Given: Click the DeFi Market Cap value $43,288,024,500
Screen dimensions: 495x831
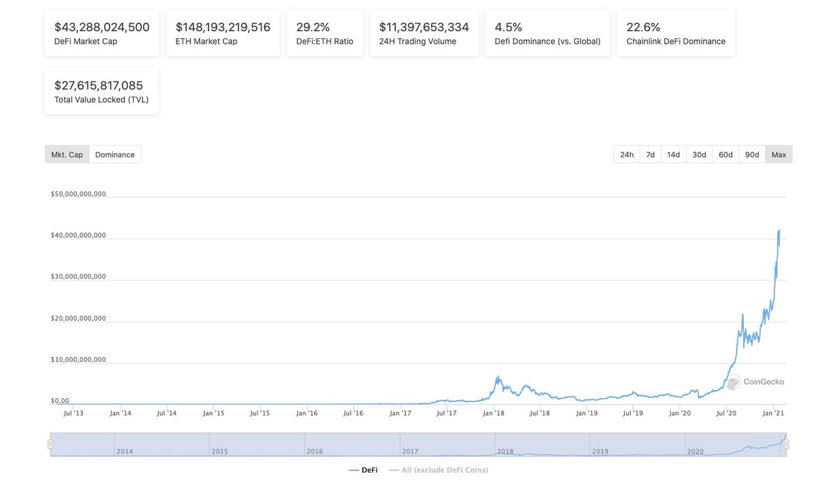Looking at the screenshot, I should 102,27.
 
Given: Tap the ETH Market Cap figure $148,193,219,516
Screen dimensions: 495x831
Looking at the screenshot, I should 223,27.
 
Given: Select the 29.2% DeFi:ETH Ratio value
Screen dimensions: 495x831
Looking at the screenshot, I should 313,27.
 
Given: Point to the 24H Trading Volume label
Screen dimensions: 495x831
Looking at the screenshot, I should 418,42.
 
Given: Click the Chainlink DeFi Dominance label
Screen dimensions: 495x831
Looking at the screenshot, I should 676,42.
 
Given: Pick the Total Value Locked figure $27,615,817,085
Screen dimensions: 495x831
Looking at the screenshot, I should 98,85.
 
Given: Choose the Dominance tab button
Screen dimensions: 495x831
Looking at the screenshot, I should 115,155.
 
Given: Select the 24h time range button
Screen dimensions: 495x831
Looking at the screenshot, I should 627,155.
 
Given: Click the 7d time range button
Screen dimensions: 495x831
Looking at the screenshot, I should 650,155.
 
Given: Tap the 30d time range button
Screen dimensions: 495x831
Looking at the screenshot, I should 699,155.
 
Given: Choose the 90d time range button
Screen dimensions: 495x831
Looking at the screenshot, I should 752,155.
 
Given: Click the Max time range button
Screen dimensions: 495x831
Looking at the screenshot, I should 778,155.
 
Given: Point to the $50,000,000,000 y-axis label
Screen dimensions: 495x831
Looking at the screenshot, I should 78,194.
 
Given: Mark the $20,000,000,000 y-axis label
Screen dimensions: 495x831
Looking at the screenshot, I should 78,318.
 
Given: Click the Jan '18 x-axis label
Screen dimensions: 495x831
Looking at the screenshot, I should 493,413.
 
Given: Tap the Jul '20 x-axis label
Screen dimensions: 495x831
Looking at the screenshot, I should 726,413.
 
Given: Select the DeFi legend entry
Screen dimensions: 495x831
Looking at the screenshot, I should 364,470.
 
